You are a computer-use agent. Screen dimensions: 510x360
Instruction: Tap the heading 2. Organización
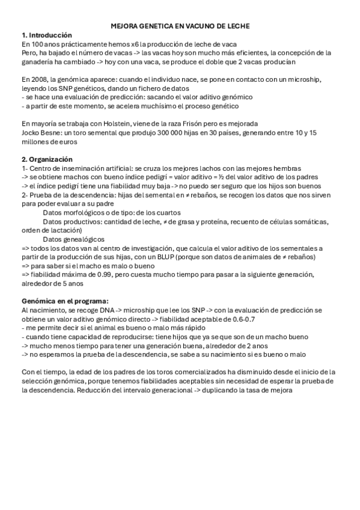tap(46, 159)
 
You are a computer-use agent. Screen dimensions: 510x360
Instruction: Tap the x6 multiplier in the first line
tap(128, 44)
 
